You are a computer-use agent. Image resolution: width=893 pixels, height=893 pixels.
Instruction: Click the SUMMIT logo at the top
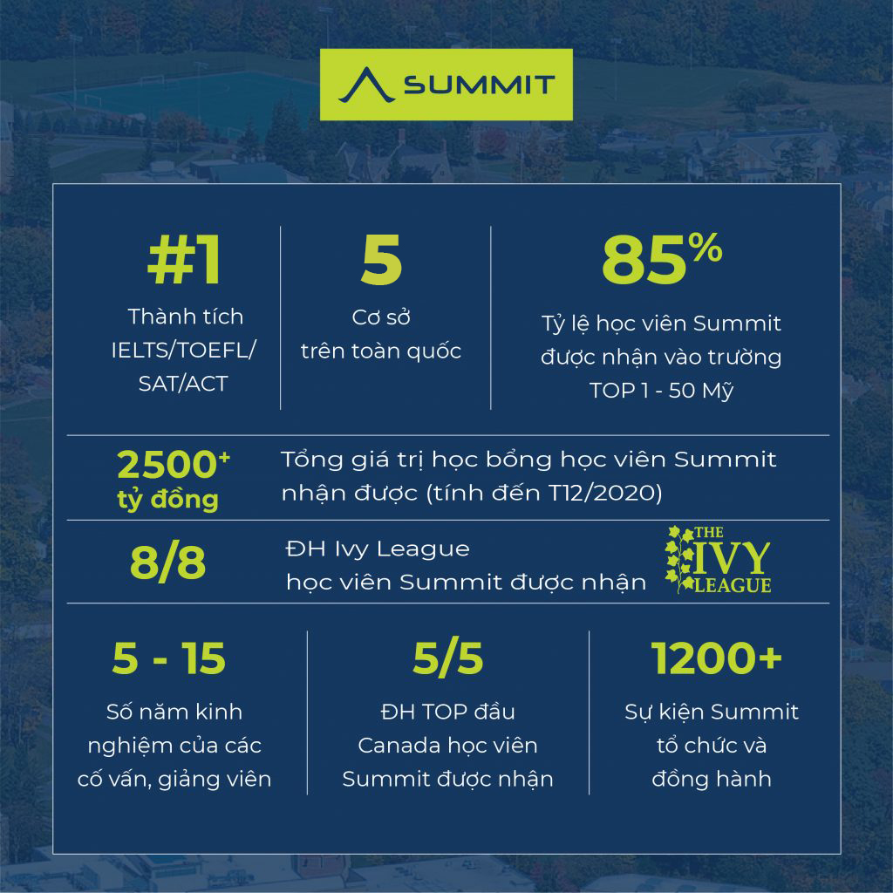tap(446, 85)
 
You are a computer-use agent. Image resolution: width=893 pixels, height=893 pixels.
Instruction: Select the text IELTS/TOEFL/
tap(184, 350)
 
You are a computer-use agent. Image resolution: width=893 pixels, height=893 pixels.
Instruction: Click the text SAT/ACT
tap(183, 384)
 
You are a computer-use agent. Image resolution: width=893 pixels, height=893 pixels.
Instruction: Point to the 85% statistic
tap(661, 260)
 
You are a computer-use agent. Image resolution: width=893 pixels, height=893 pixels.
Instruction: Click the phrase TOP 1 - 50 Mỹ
tap(660, 391)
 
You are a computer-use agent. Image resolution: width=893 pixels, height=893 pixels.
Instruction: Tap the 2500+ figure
tap(173, 466)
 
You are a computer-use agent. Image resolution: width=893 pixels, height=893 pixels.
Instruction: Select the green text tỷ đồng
tap(167, 501)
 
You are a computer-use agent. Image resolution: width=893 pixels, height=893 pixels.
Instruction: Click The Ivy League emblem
tap(718, 560)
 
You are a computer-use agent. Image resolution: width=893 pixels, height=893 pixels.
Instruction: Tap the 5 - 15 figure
tap(168, 659)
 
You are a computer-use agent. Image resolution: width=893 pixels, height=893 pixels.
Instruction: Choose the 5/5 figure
tap(447, 659)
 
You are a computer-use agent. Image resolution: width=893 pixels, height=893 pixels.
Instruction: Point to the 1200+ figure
tap(716, 659)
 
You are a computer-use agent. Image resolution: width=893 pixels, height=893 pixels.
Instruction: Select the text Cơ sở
tap(381, 317)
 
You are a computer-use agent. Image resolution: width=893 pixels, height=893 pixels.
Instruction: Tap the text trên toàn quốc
tap(381, 351)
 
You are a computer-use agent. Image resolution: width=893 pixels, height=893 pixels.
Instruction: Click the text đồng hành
tap(711, 779)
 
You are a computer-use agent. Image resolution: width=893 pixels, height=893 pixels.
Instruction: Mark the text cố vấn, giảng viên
tap(174, 779)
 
